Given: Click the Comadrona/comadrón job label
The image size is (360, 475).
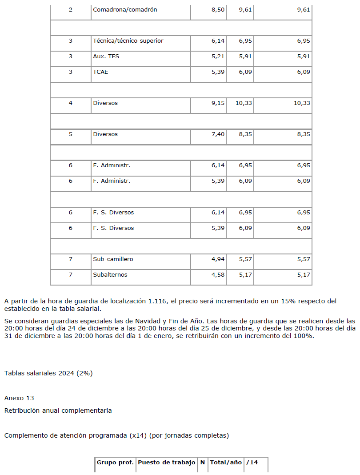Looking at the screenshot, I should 125,10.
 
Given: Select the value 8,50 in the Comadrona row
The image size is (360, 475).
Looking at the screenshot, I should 218,10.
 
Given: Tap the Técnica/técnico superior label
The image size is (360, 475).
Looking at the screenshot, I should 128,41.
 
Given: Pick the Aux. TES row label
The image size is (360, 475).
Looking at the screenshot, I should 106,56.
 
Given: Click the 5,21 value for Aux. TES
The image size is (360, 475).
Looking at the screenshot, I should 218,56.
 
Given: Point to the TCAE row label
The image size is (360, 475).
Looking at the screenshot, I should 100,72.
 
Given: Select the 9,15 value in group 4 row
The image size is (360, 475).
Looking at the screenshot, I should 218,103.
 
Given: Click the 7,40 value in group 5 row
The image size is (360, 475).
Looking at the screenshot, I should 218,134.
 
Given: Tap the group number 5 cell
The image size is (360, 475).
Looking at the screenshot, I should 70,134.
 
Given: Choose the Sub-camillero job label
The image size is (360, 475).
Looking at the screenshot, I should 113,259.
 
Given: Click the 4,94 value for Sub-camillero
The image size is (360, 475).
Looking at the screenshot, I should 218,259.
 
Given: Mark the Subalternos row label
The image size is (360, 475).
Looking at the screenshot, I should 110,275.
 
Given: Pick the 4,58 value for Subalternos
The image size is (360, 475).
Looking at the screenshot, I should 218,275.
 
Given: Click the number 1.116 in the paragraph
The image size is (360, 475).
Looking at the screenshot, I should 157,301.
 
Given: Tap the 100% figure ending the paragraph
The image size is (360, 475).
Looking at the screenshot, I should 304,336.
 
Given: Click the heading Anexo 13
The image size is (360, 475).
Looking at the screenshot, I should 19,398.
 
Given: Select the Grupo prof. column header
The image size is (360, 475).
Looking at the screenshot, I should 115,463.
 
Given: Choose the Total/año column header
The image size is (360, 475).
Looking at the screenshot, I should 226,463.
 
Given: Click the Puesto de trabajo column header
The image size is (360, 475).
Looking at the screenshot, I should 167,463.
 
